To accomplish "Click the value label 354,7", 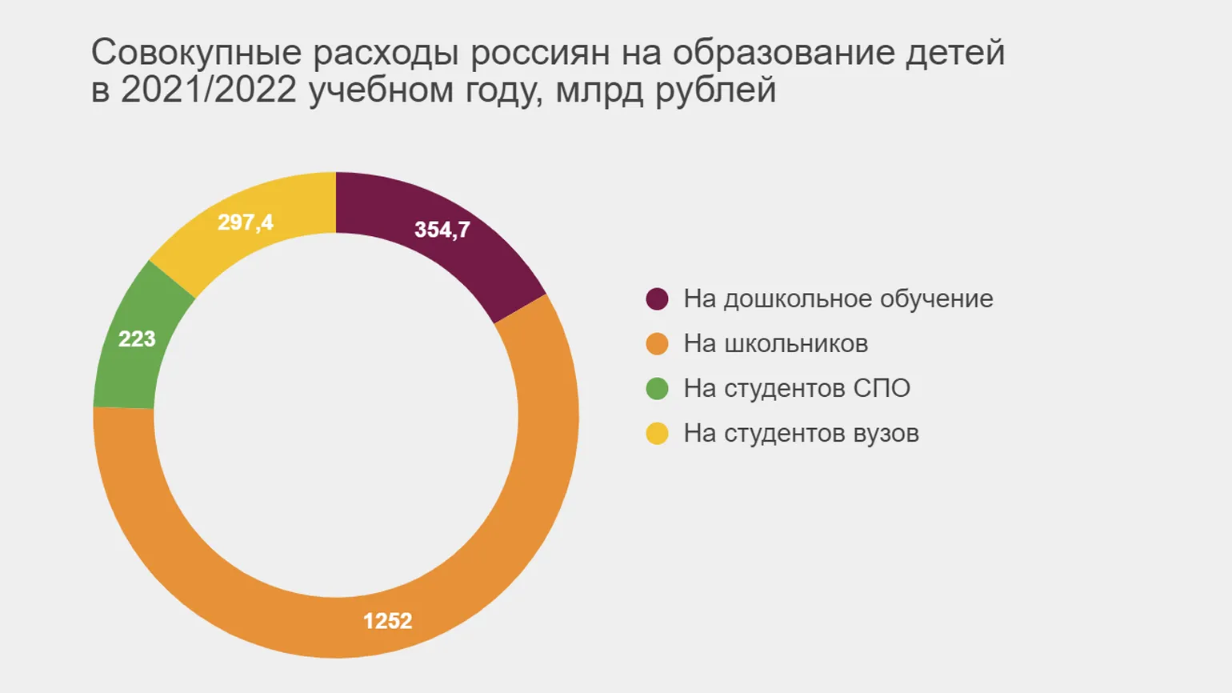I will (442, 230).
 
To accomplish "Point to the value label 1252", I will (387, 621).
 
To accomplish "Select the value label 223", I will (137, 339).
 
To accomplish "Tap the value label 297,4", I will (246, 222).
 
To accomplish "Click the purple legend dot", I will (657, 299).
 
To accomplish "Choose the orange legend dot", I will (657, 344).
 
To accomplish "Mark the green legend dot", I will (657, 389).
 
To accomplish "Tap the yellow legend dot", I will (657, 434).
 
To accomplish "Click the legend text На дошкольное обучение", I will (838, 299).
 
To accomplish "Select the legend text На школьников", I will (775, 344).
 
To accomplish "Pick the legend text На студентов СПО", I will (797, 389).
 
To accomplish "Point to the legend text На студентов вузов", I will (801, 434).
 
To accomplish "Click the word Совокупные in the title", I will (196, 53).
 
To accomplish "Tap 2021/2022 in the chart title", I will (209, 90).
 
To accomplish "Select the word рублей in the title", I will (716, 90).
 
